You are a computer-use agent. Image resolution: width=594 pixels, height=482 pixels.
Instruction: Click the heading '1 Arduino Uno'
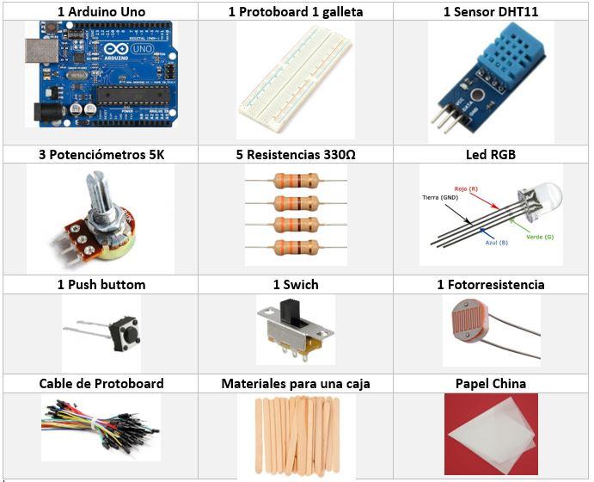[x=101, y=12]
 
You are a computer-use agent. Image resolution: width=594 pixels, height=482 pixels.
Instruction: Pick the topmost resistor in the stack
[x=295, y=182]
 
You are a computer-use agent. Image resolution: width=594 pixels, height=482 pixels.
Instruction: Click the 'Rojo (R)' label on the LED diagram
[x=466, y=187]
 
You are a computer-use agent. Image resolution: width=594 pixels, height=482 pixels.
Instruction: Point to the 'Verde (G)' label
[x=541, y=237]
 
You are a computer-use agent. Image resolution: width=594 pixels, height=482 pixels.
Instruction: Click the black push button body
[x=127, y=331]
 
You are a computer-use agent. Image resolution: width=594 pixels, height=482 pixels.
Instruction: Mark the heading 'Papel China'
[x=490, y=384]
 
